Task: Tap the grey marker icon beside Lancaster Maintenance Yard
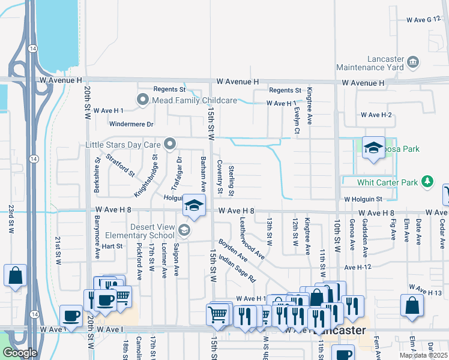(412, 62)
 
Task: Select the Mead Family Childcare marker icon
(143, 100)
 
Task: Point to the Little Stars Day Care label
(124, 144)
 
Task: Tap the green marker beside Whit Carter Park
(427, 181)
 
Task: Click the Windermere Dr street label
(131, 124)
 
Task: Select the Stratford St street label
(121, 166)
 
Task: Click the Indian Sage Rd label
(237, 269)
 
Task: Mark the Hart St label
(112, 246)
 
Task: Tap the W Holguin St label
(363, 199)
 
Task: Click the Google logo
(20, 353)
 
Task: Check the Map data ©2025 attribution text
(423, 355)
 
